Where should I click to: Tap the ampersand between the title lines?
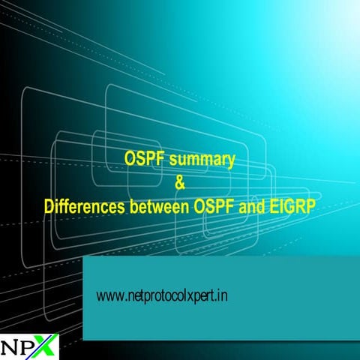[178, 181]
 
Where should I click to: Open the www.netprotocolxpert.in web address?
[162, 296]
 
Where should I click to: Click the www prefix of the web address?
[106, 296]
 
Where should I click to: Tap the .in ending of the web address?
[222, 296]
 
